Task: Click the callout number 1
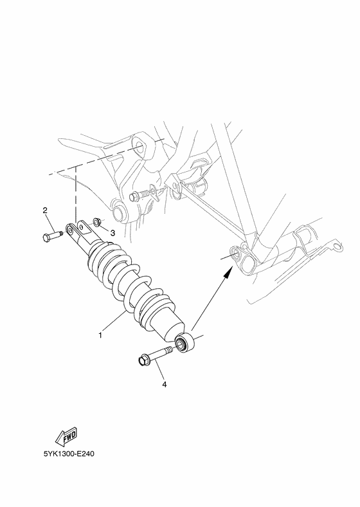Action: tap(100, 335)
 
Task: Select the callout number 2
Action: tap(45, 210)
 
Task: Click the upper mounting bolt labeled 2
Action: tap(55, 237)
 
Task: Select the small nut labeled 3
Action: tap(95, 222)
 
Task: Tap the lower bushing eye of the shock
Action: tap(185, 342)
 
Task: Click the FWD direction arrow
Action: tap(67, 438)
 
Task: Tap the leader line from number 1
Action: tap(116, 323)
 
